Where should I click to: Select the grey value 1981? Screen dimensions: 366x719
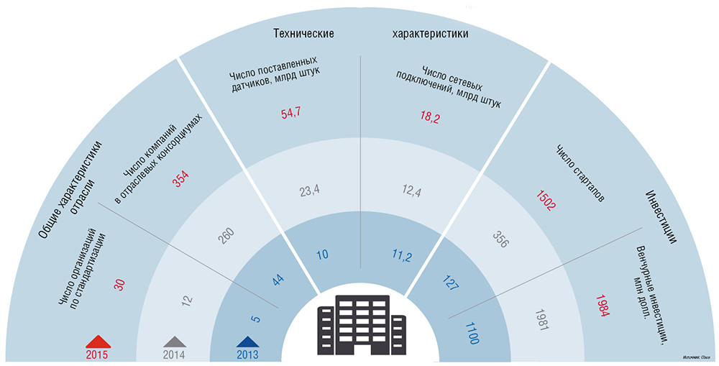click(x=546, y=321)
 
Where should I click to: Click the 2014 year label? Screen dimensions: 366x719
click(x=175, y=354)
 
